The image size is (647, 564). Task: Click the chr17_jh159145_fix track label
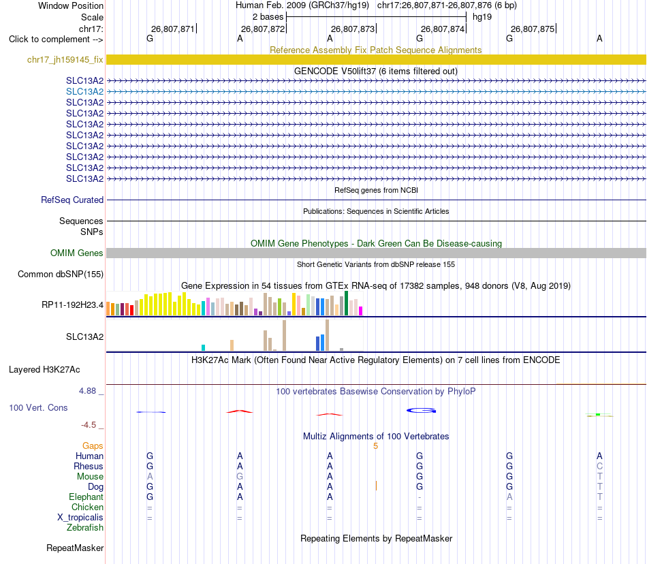[x=65, y=60]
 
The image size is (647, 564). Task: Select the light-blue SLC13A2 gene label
[x=84, y=91]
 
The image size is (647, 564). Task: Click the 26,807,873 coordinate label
[x=353, y=29]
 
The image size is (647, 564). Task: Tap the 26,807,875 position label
[x=533, y=29]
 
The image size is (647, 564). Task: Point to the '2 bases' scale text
[x=268, y=17]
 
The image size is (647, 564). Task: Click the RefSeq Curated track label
[x=72, y=200]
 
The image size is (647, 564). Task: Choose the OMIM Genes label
[x=77, y=253]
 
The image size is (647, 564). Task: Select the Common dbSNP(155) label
[x=61, y=275]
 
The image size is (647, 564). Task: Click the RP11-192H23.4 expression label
[x=73, y=305]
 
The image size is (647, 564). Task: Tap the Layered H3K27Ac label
[x=44, y=370]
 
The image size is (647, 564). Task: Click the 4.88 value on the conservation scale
[x=87, y=391]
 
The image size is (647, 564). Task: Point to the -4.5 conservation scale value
[x=89, y=425]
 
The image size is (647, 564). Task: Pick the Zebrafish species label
[x=85, y=528]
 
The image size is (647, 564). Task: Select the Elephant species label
[x=86, y=497]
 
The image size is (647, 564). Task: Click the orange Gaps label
[x=93, y=445]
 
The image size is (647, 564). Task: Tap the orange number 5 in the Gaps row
[x=375, y=446]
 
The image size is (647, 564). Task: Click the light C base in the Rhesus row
[x=599, y=466]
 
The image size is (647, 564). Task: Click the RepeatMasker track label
[x=75, y=548]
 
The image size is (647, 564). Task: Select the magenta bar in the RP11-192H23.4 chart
[x=361, y=311]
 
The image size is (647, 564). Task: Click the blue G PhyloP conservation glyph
[x=422, y=411]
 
